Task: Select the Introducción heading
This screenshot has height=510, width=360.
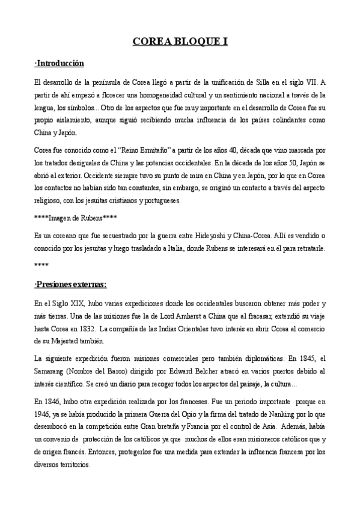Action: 59,63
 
